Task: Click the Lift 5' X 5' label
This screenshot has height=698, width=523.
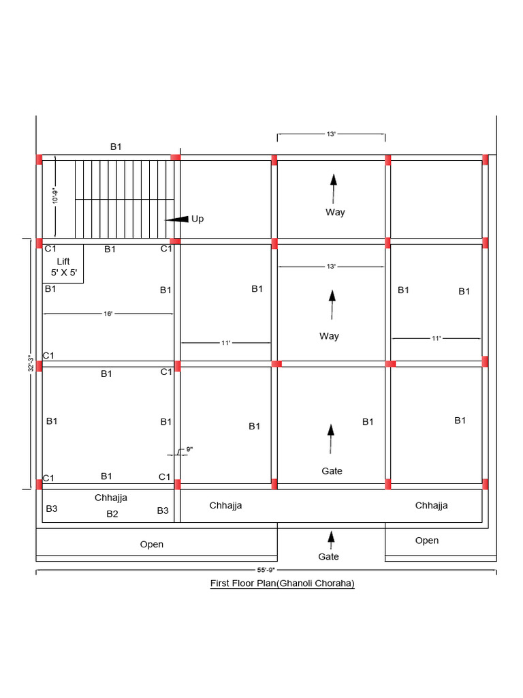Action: tap(63, 267)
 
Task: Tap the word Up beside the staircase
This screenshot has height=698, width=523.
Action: tap(197, 219)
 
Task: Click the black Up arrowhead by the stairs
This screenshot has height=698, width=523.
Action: tap(177, 219)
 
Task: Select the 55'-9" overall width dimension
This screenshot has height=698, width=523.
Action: tap(266, 570)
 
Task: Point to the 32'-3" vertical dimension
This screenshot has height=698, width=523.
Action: tap(31, 363)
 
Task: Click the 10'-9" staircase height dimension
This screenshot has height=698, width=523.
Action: tap(55, 196)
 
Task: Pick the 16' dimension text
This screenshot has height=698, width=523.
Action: tap(108, 314)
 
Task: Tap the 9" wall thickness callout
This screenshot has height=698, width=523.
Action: tap(189, 449)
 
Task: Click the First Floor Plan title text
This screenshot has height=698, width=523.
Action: tap(283, 583)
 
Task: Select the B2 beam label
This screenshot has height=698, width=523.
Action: tap(112, 514)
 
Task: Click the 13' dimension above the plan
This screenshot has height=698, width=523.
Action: tap(331, 134)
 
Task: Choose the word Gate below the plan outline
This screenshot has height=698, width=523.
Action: tap(329, 556)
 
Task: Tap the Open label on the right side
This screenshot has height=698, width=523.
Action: tap(427, 541)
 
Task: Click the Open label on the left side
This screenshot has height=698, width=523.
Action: tap(152, 545)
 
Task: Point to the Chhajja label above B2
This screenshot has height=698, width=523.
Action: tap(111, 498)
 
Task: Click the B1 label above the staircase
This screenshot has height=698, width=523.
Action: tap(116, 147)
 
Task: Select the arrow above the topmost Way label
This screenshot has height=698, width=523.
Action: tap(333, 189)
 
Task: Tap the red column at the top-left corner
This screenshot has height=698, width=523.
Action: tap(39, 160)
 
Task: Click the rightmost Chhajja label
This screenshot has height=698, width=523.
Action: tap(431, 505)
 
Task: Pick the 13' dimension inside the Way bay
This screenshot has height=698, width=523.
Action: tap(331, 267)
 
